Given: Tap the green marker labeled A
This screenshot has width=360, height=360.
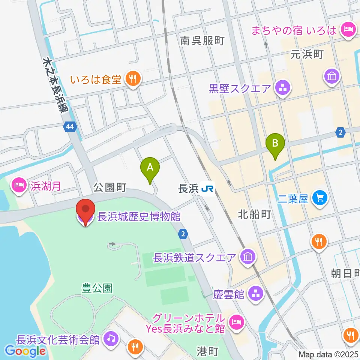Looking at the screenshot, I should pos(150,168).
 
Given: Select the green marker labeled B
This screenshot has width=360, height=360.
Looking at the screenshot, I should pos(275,144).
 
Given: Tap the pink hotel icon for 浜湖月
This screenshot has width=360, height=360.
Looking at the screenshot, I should pos(19,184).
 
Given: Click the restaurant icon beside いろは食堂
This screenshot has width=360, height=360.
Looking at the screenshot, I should pos(132,79).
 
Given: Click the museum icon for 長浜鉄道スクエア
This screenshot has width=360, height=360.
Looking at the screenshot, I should pos(249,257).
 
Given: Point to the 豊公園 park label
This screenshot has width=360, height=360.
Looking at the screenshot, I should pos(97,288).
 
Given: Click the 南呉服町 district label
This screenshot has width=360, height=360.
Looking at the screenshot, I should pos(202,41).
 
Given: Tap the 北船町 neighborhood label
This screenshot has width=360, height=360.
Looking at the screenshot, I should pos(254,214).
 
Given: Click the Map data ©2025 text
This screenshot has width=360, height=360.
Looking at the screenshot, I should pos(328,354).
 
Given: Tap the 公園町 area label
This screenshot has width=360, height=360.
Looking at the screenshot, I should pos(109,187).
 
